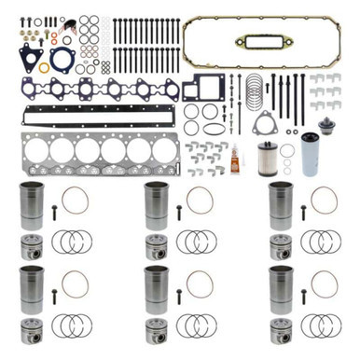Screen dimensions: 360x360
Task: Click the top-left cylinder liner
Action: [x=31, y=205]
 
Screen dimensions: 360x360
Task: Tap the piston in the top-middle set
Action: [x=156, y=247]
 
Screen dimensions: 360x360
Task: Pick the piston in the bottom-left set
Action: [x=32, y=331]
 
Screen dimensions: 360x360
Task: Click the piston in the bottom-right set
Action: [x=280, y=331]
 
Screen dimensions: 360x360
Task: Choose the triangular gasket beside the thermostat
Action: [x=263, y=122]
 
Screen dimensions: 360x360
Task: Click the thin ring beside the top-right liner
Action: [x=323, y=199]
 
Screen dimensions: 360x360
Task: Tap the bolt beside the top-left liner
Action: [x=54, y=212]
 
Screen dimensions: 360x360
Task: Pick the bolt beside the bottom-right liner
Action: [x=303, y=297]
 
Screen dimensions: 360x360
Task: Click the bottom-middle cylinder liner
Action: [x=156, y=290]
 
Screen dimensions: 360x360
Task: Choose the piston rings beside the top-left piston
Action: [x=73, y=242]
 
